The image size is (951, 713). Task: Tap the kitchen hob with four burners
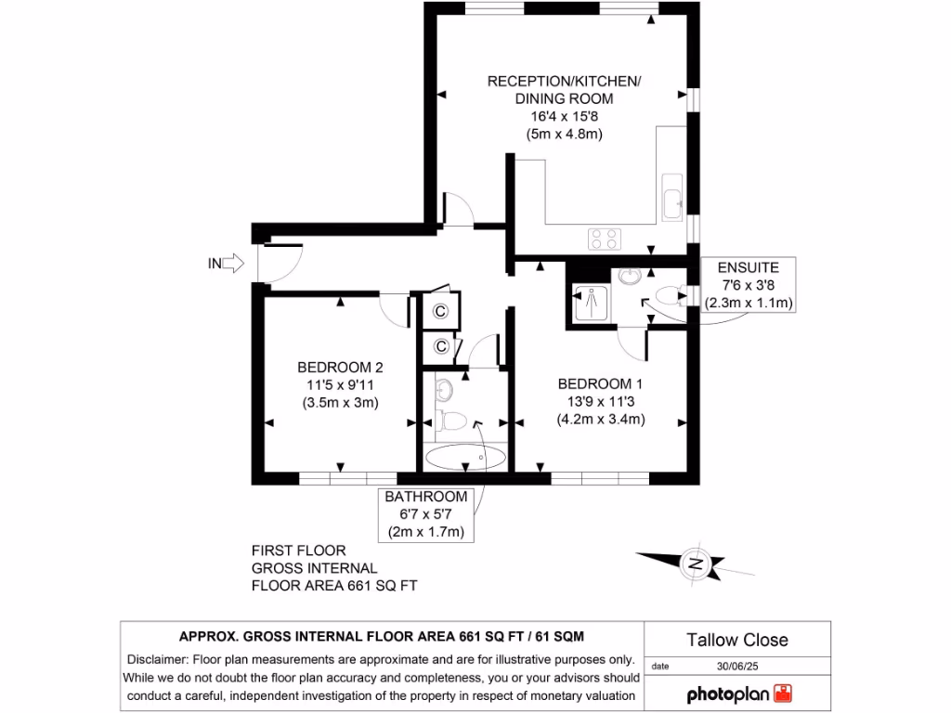tap(604, 239)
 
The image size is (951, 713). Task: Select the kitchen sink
tap(671, 201)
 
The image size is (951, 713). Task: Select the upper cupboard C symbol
tap(441, 311)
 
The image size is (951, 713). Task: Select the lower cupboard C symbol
tap(441, 346)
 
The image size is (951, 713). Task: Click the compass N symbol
tap(694, 563)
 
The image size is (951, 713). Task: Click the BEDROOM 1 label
tap(600, 383)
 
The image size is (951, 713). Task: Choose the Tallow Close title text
tap(737, 640)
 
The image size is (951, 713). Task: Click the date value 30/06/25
tap(737, 666)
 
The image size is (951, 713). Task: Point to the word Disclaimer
tap(156, 659)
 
